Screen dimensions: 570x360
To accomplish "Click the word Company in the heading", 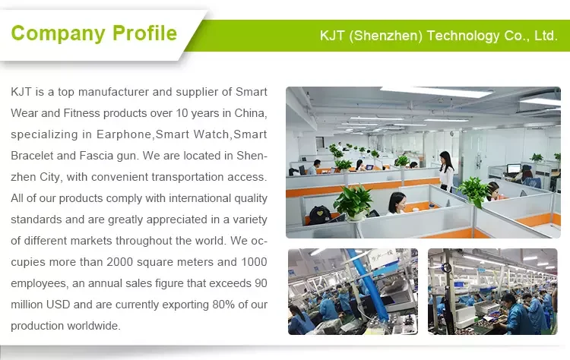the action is click(59, 34).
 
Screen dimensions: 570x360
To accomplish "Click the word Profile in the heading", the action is click(144, 33).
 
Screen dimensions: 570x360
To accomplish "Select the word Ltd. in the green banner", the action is click(546, 36).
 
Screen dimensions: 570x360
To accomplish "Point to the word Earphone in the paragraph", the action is click(124, 134).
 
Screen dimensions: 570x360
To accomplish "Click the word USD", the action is click(59, 305).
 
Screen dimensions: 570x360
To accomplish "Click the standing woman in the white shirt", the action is click(447, 171).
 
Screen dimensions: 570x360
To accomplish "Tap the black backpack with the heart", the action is click(319, 215).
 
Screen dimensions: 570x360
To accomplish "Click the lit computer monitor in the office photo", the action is click(514, 169).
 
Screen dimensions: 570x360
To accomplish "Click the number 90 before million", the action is click(261, 283).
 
